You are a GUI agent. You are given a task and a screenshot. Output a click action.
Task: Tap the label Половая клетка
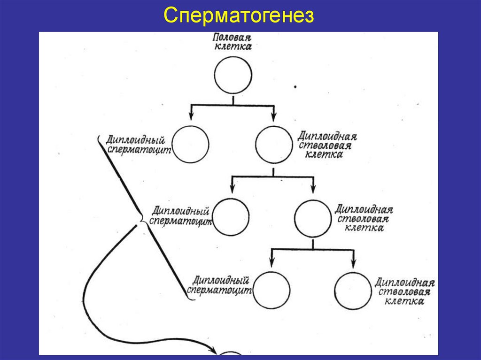pyautogui.click(x=233, y=42)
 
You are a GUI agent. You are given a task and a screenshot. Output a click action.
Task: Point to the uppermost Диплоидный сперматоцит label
pyautogui.click(x=137, y=145)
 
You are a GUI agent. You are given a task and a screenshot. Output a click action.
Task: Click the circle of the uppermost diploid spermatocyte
pyautogui.click(x=191, y=145)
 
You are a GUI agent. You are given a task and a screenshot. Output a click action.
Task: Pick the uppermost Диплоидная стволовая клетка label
pyautogui.click(x=327, y=145)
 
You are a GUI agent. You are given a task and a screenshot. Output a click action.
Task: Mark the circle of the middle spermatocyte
pyautogui.click(x=231, y=217)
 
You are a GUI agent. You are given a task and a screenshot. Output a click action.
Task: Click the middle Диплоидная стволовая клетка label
pyautogui.click(x=364, y=218)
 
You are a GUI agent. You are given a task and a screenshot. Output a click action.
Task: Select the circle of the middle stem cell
pyautogui.click(x=313, y=218)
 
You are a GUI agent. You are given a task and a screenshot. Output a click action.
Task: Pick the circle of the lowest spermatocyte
pyautogui.click(x=271, y=291)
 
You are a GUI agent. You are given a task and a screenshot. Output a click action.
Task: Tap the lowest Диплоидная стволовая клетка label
pyautogui.click(x=404, y=291)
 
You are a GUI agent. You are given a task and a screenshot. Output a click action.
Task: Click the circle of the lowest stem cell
pyautogui.click(x=353, y=291)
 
